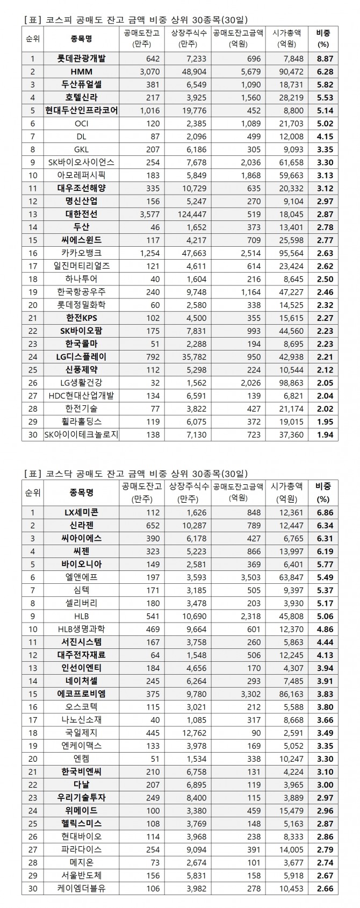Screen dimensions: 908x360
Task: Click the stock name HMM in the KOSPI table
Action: (81, 72)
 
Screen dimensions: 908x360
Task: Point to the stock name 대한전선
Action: (81, 214)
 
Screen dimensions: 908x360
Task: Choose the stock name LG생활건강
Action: (81, 382)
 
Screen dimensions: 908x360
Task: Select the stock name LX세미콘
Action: (81, 512)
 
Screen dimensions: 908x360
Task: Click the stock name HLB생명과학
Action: (81, 628)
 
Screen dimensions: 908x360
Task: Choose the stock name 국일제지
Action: (81, 732)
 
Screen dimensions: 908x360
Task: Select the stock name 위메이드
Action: (81, 810)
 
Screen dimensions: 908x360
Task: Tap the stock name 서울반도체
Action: (81, 875)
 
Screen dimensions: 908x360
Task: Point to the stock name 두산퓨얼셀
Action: (81, 84)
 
